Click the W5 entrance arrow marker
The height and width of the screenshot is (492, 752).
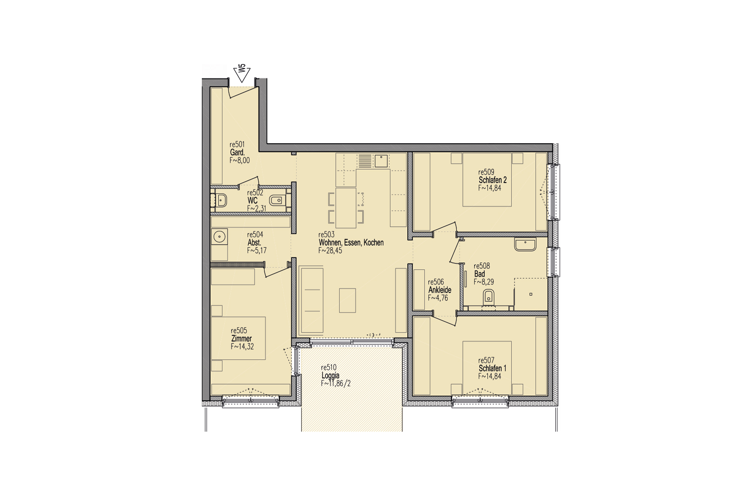click(242, 74)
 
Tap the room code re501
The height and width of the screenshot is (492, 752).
click(237, 144)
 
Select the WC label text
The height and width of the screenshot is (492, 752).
click(253, 201)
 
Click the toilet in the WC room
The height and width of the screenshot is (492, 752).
click(276, 201)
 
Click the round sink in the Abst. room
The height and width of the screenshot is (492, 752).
click(219, 236)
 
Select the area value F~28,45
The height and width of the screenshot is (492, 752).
click(330, 251)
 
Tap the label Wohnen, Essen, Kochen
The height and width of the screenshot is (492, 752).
click(351, 242)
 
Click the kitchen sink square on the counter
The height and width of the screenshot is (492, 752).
click(381, 161)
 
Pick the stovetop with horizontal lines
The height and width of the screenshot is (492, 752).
click(365, 161)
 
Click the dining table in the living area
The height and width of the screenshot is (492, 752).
click(346, 208)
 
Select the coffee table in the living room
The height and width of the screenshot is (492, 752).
click(347, 300)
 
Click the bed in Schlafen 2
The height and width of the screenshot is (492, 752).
click(487, 179)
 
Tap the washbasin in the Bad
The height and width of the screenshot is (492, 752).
click(525, 245)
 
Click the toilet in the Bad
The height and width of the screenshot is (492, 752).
click(489, 298)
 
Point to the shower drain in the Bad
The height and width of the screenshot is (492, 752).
click(531, 294)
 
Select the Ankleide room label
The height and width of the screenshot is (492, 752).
click(440, 290)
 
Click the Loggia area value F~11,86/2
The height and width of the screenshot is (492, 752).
click(335, 383)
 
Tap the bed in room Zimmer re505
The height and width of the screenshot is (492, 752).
click(238, 338)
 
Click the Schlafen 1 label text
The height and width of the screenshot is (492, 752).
click(492, 368)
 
